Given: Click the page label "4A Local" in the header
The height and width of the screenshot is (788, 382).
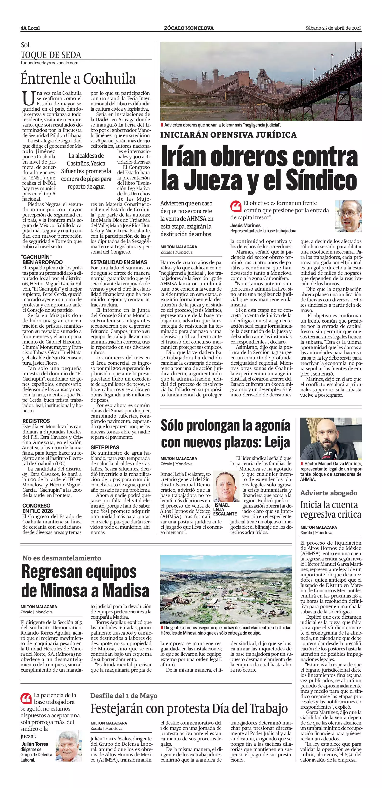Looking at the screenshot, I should (30, 28).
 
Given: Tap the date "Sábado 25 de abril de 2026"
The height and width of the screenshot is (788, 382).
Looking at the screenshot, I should (333, 28).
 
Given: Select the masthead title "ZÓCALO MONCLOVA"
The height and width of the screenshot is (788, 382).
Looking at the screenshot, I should (189, 28).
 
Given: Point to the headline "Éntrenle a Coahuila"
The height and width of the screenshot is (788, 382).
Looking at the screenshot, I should (78, 79).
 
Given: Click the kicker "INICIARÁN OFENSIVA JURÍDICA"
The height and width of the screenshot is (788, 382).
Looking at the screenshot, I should (229, 135).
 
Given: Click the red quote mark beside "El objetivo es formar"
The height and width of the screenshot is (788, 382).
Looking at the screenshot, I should (236, 206).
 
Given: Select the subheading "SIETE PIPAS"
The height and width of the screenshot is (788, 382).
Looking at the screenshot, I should (105, 447).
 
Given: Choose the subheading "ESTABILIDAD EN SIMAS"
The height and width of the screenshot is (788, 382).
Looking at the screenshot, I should (118, 262).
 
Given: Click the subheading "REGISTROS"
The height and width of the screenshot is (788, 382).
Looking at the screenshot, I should (36, 421).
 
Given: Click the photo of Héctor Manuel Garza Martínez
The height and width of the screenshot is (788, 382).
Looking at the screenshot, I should (330, 439).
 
